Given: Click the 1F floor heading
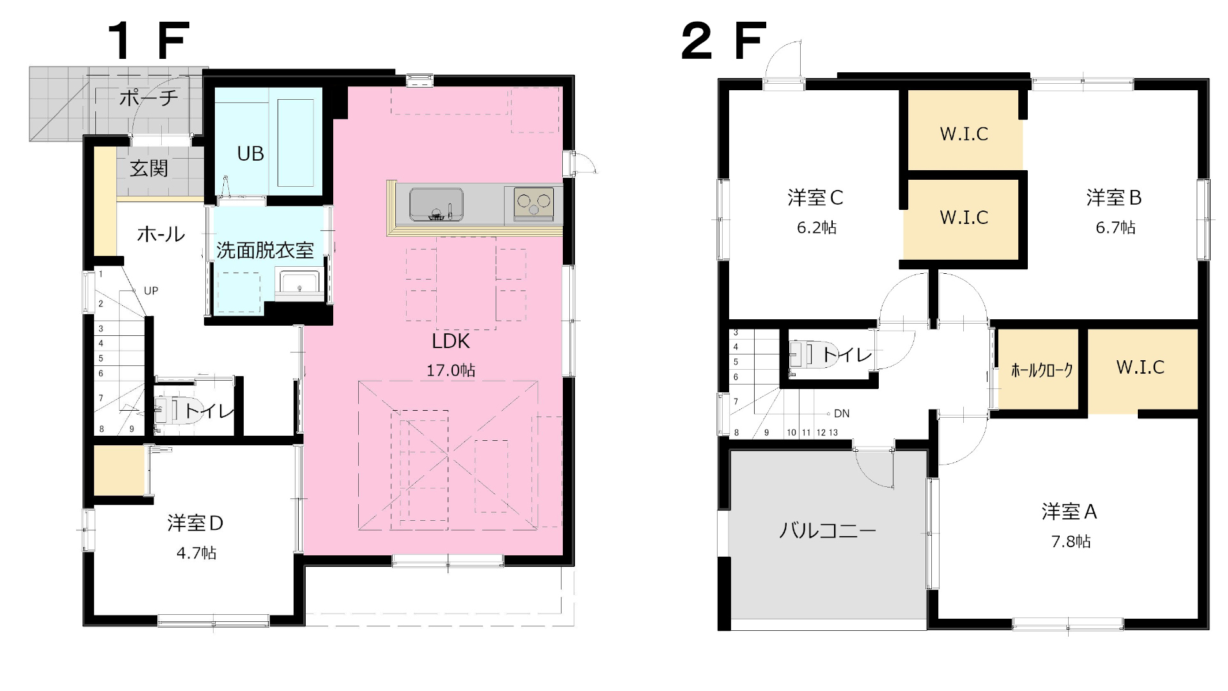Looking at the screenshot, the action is (x=148, y=41).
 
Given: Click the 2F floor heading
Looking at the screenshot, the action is (x=723, y=41).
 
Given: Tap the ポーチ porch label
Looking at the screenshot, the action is (x=148, y=98).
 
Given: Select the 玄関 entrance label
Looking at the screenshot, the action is (x=148, y=168).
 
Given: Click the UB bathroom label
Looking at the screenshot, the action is (x=250, y=154).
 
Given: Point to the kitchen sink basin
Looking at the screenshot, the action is (x=436, y=203).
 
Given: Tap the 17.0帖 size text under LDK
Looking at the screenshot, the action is (x=450, y=370).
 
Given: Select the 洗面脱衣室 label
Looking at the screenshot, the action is (x=265, y=250).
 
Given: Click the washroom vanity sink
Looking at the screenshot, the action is (x=299, y=284).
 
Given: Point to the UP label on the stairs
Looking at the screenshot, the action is (x=151, y=291).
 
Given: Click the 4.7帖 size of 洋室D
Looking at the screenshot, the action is (x=196, y=553).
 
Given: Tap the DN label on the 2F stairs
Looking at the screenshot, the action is (x=842, y=414).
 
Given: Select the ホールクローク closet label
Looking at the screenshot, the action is (x=1041, y=370).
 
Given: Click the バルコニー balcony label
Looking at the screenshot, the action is (x=827, y=530).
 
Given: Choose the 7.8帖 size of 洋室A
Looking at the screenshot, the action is (x=1071, y=541).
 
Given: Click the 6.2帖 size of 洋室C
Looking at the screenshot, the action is (x=816, y=227).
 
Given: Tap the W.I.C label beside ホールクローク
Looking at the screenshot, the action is (x=1140, y=367).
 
